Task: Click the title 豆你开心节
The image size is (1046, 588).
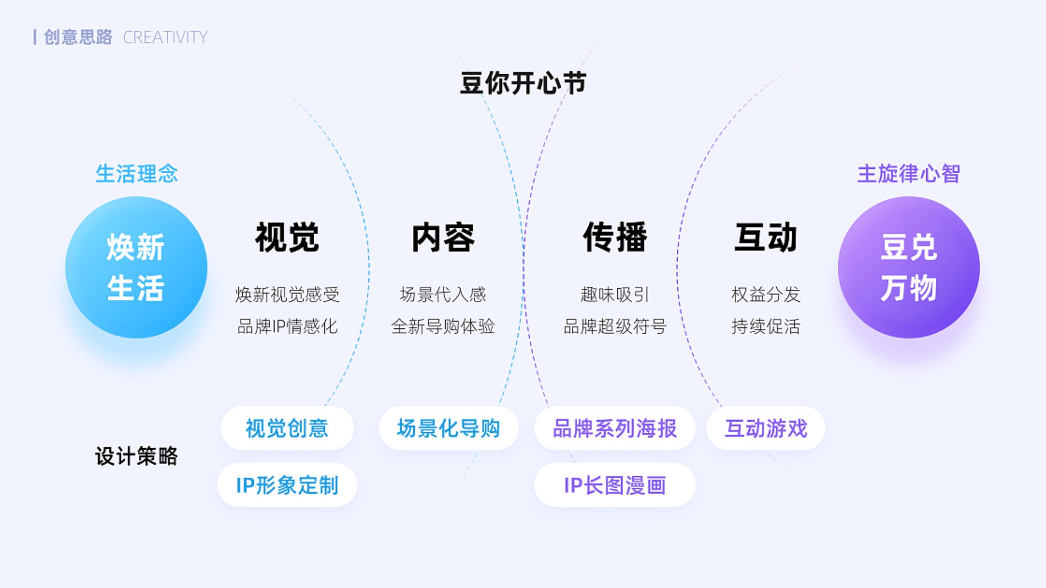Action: (x=522, y=84)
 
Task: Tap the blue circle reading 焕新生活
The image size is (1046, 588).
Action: (x=136, y=268)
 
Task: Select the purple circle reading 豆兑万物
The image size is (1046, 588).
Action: (x=908, y=268)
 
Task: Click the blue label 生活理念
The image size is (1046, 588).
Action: (x=136, y=174)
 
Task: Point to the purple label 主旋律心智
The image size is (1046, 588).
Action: (x=908, y=174)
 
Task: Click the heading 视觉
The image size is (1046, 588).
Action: (x=287, y=237)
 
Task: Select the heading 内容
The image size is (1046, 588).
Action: (x=443, y=237)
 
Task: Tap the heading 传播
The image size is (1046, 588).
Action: (x=615, y=237)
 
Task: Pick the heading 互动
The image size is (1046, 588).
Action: (x=766, y=237)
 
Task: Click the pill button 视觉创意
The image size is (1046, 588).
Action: (x=287, y=428)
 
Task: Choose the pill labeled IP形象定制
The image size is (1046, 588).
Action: (x=287, y=485)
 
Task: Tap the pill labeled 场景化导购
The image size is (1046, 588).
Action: (x=448, y=428)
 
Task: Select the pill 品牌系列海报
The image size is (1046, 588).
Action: (x=615, y=428)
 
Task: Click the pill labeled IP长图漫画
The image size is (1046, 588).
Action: (x=615, y=485)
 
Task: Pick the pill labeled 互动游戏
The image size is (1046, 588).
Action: (x=766, y=428)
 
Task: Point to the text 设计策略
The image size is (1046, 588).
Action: (x=136, y=456)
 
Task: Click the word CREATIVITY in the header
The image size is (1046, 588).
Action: (x=165, y=38)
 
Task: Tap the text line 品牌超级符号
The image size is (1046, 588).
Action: (x=615, y=326)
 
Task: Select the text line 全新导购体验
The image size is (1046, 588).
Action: (x=443, y=326)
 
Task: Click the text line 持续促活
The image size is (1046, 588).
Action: (x=766, y=326)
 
